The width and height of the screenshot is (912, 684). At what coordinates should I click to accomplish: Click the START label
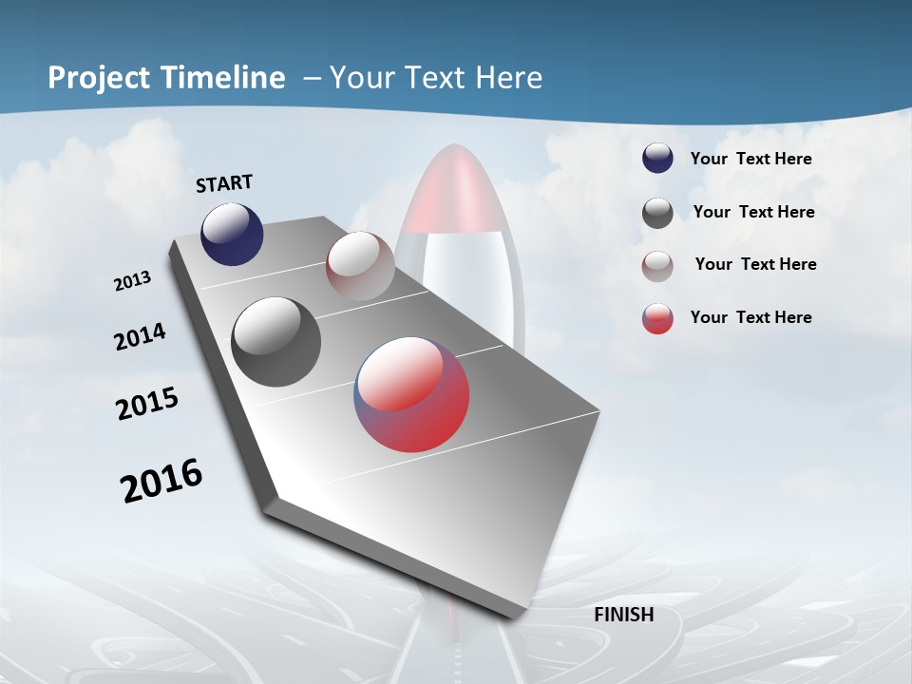point(224,183)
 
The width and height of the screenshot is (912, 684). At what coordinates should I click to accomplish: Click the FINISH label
point(623,615)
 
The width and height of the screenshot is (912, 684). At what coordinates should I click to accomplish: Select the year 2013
point(132,281)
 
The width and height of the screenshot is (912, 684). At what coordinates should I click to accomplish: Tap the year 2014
point(140,337)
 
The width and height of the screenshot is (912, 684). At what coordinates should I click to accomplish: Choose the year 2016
point(161,481)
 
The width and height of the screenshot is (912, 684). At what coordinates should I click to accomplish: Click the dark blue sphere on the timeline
point(232,234)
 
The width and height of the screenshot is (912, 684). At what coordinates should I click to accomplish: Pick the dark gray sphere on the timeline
point(275,342)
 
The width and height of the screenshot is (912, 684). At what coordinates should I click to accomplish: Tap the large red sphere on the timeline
point(411,393)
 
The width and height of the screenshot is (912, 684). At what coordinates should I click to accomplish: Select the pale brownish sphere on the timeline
point(360,265)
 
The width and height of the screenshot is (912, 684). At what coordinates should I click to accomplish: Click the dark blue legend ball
point(657,159)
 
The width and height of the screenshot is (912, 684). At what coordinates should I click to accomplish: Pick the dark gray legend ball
point(657,213)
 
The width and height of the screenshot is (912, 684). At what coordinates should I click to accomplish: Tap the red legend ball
point(657,318)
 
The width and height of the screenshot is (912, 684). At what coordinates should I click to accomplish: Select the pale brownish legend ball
point(657,266)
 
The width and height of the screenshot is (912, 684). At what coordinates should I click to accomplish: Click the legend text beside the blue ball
point(750,160)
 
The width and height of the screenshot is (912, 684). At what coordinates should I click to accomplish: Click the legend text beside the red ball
point(750,317)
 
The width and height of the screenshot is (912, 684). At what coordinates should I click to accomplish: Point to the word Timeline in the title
point(218,78)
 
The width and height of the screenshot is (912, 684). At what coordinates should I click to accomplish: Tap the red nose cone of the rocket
point(456,190)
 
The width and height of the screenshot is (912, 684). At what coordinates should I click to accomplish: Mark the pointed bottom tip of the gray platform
point(518,617)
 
